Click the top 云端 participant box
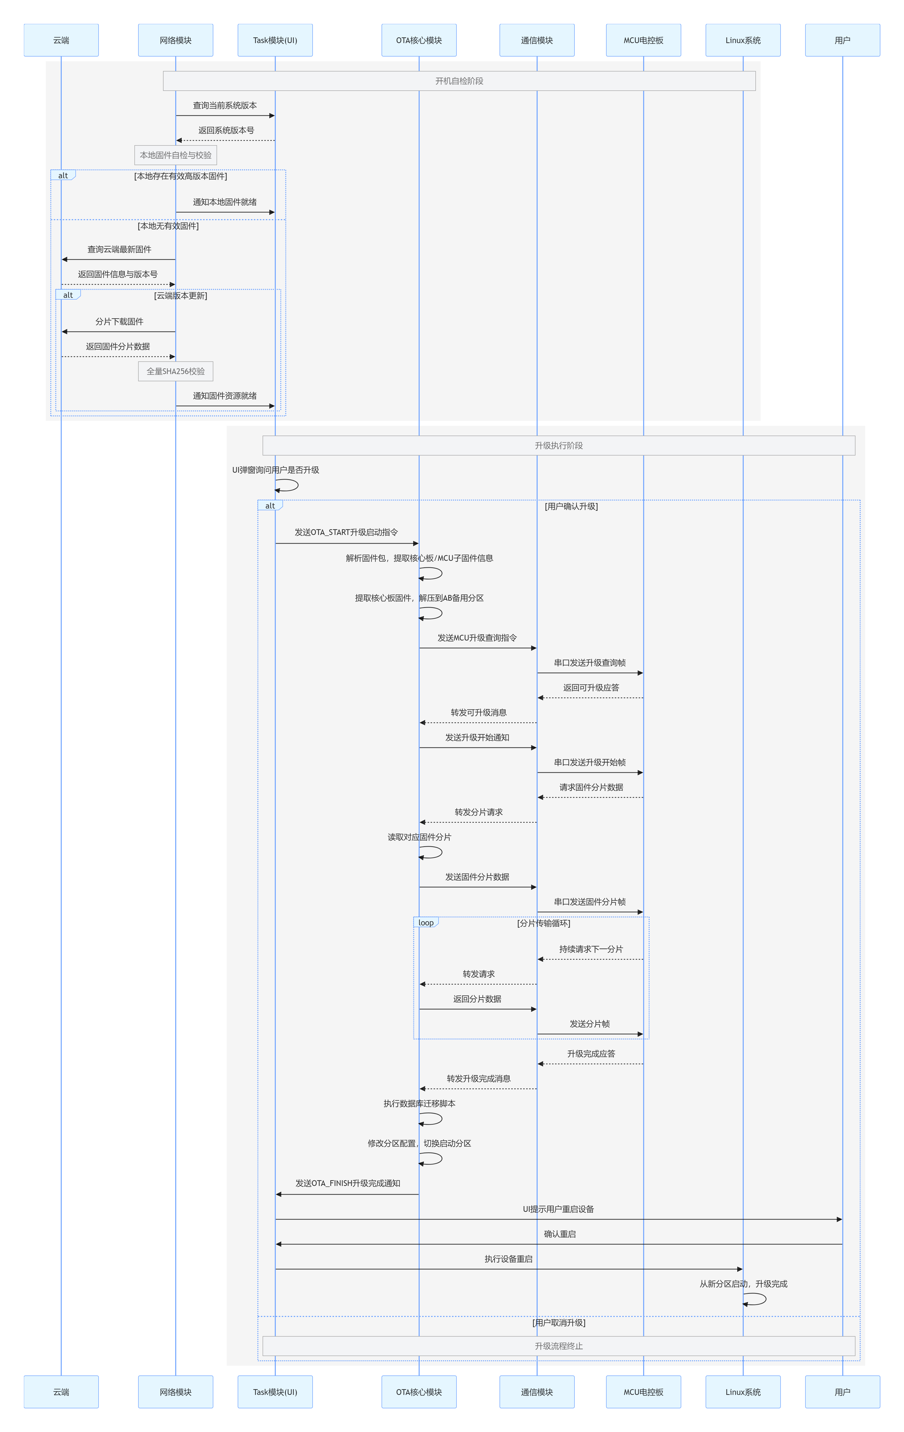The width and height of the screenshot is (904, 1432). pos(61,40)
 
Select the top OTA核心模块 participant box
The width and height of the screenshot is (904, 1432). pos(419,40)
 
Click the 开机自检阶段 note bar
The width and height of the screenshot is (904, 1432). pos(459,81)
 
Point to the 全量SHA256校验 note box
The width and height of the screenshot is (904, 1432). pos(175,371)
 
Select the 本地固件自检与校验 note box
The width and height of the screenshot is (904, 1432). pos(175,155)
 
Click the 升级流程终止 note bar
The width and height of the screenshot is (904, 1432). pos(559,1346)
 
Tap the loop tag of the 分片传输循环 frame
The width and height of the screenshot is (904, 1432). pos(426,922)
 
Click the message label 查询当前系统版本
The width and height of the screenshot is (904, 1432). pos(225,105)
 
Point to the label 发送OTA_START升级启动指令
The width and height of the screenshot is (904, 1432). pos(346,532)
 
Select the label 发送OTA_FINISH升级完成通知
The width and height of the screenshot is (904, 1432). pos(348,1183)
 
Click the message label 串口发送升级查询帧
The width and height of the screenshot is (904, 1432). pos(590,662)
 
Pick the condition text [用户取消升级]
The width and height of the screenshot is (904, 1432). pos(559,1323)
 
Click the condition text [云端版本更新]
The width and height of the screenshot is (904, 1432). pos(181,296)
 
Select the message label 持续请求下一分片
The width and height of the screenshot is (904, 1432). pos(591,949)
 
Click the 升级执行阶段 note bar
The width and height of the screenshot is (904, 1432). pos(559,446)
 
